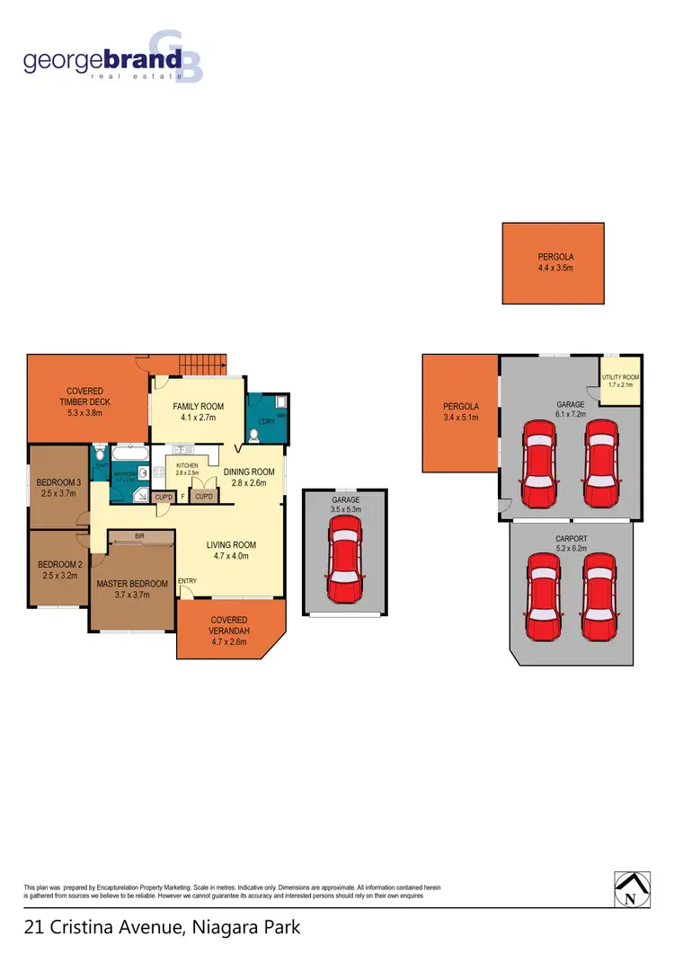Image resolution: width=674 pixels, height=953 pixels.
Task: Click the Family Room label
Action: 198,406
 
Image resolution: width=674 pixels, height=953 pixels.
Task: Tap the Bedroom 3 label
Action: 58,482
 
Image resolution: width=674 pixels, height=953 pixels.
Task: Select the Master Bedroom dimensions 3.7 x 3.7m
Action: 131,594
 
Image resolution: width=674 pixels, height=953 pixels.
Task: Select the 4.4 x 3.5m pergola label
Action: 554,269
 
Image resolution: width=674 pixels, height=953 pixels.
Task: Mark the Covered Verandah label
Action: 229,620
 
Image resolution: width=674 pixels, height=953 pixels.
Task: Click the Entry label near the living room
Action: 187,581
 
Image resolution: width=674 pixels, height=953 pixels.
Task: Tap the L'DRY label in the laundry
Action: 266,421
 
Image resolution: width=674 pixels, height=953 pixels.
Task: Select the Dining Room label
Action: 249,472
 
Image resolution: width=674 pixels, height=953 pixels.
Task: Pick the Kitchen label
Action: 186,465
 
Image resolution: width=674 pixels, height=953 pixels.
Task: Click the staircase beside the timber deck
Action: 202,365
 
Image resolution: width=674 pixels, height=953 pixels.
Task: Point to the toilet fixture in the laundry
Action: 254,434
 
